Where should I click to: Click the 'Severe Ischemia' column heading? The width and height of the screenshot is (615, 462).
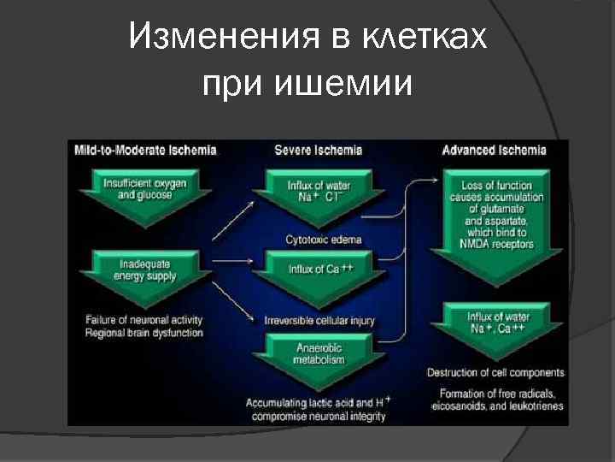click(318, 150)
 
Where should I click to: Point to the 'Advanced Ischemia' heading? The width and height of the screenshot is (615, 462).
click(494, 150)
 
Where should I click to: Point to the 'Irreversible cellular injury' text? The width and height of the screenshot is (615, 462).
click(319, 321)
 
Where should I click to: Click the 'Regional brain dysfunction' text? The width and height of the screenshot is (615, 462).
click(144, 333)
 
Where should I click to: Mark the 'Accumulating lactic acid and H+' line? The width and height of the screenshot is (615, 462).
click(318, 402)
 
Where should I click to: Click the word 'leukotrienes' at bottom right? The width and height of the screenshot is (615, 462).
click(534, 406)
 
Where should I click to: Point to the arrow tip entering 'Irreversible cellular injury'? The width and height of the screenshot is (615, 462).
click(255, 320)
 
